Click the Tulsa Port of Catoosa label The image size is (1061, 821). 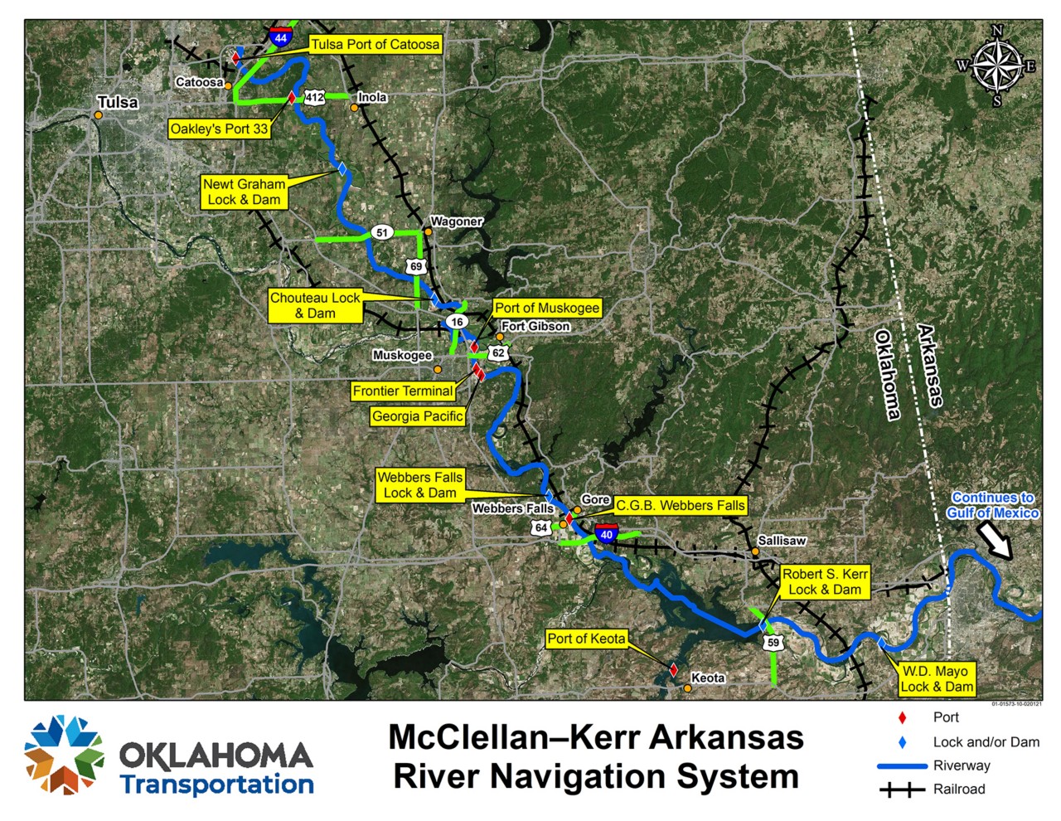375,45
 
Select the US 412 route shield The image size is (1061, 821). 314,97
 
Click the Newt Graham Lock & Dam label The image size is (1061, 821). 245,192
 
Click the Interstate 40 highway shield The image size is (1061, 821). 606,533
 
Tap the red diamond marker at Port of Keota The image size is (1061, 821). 673,669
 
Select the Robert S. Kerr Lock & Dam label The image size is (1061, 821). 825,581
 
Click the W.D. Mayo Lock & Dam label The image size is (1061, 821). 936,678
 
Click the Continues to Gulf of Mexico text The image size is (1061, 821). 992,505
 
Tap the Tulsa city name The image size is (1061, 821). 118,102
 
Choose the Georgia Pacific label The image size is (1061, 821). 417,416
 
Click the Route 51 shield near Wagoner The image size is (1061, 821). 381,232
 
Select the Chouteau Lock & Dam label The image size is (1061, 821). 315,305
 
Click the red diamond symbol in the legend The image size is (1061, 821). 903,718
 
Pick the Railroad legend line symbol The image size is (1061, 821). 902,789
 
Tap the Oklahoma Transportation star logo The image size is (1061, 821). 64,755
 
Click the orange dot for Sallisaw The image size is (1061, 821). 755,551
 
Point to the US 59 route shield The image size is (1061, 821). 773,643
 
